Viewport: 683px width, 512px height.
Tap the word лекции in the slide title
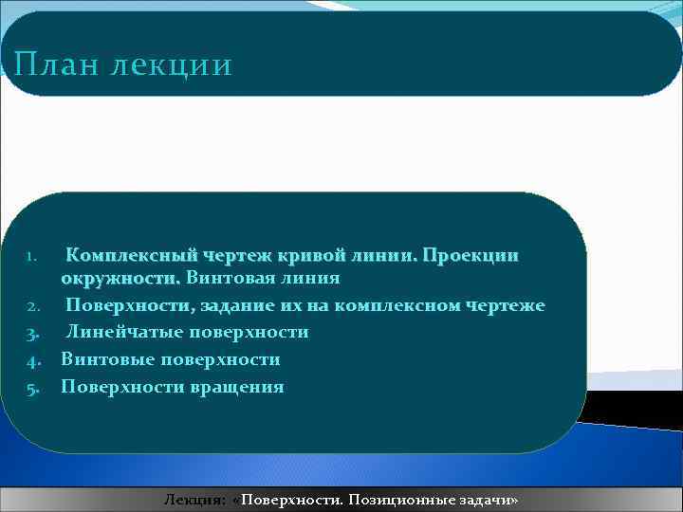(x=172, y=65)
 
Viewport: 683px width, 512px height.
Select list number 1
(x=30, y=256)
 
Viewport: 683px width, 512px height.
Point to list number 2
(x=30, y=306)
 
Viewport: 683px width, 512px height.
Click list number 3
(x=30, y=333)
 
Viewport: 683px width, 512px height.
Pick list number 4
(x=30, y=360)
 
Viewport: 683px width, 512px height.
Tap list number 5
(x=30, y=387)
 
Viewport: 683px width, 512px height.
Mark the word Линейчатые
(x=124, y=332)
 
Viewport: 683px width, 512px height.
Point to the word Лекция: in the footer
(x=194, y=500)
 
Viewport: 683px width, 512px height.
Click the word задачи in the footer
(x=486, y=500)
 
